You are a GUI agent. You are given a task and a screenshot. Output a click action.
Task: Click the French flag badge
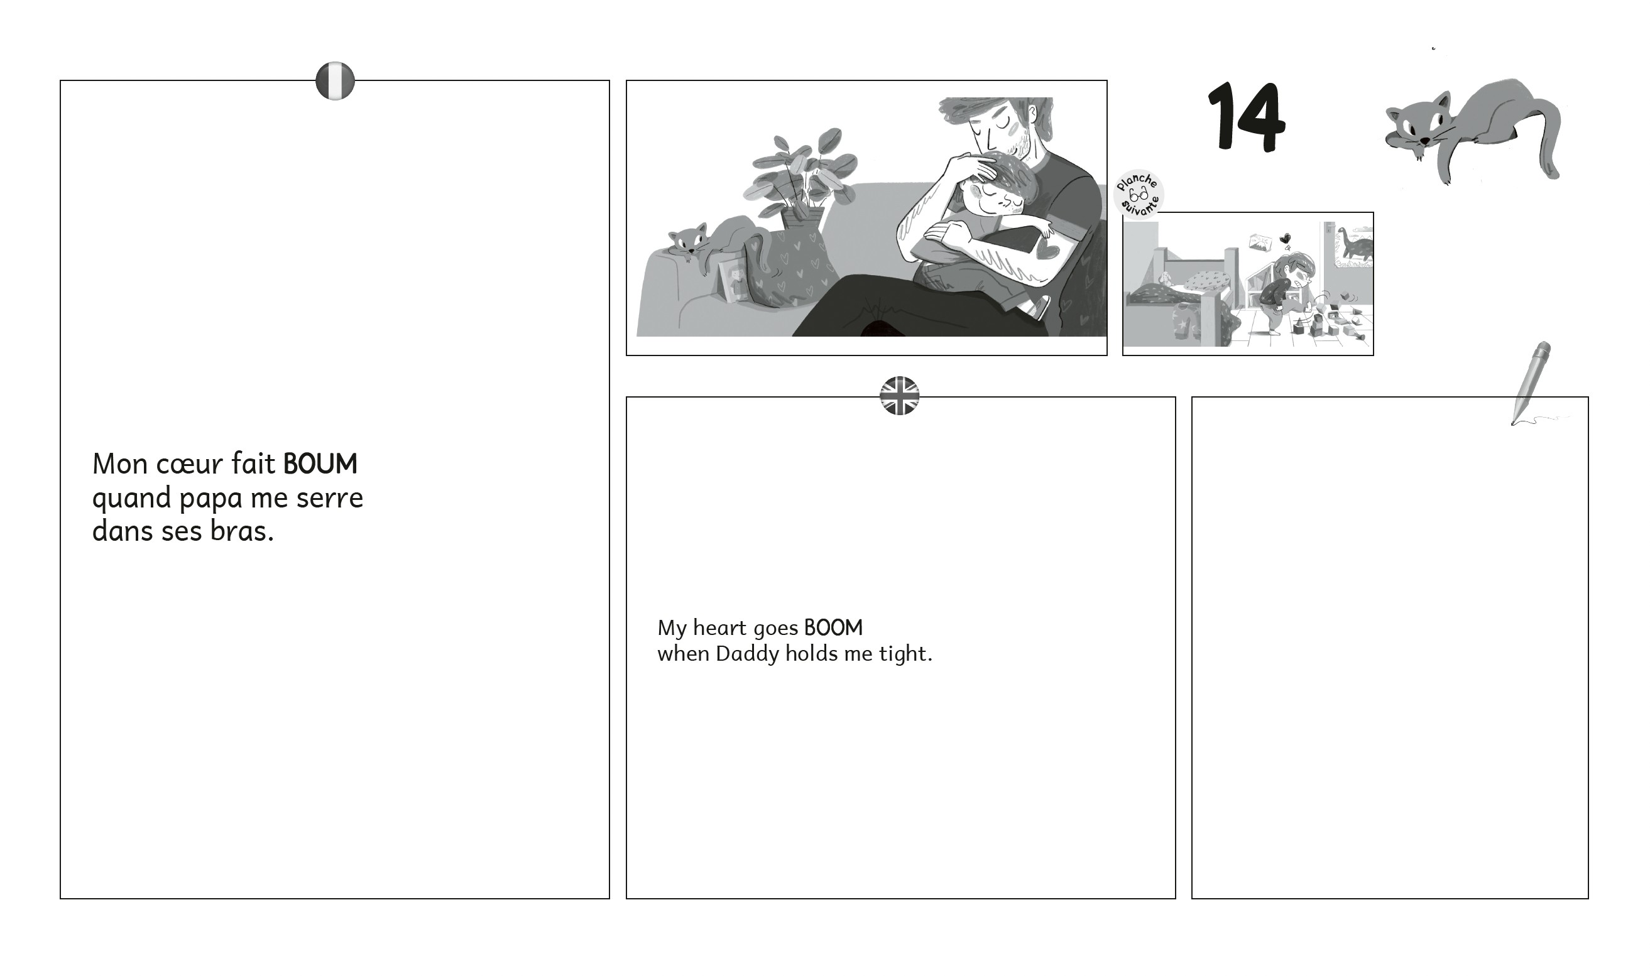pyautogui.click(x=335, y=81)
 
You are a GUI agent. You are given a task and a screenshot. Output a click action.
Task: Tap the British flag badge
pyautogui.click(x=899, y=396)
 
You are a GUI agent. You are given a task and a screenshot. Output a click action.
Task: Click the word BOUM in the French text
pyautogui.click(x=320, y=464)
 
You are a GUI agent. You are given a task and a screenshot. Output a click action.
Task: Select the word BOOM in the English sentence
pyautogui.click(x=833, y=628)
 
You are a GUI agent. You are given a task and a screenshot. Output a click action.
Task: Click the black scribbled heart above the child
pyautogui.click(x=1284, y=239)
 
